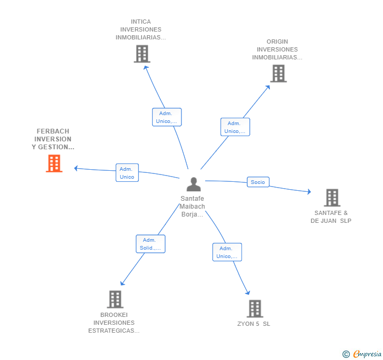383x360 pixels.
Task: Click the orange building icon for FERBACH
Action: (54, 163)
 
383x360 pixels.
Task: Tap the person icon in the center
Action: (194, 184)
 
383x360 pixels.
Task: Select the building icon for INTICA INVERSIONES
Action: (142, 54)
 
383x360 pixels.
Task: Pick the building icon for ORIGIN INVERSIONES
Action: (278, 74)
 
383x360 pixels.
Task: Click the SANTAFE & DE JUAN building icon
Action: (332, 198)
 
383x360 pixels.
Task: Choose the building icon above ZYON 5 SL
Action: (255, 308)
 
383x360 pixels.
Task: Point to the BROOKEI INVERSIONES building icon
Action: (115, 299)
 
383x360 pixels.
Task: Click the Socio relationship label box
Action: (258, 182)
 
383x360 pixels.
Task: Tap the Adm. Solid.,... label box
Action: (150, 243)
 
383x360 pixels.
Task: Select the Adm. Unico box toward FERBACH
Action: (127, 173)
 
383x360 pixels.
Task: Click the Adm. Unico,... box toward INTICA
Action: (167, 117)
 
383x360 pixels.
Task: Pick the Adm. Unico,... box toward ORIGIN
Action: (235, 127)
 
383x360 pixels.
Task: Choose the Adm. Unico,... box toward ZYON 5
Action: (227, 252)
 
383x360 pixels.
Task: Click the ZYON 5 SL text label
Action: (254, 324)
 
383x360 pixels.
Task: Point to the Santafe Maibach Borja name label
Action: (193, 207)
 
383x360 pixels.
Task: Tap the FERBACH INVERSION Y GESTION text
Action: (53, 139)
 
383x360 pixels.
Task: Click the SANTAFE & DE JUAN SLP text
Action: (331, 217)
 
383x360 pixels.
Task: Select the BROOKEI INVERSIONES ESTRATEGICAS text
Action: (114, 323)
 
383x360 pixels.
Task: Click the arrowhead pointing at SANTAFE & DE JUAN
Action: (309, 191)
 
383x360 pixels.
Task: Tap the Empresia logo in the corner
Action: (362, 354)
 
